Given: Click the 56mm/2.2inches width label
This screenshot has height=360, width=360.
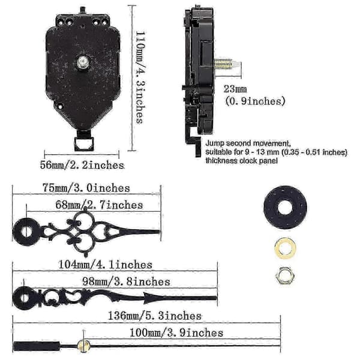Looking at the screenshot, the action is tap(82, 165).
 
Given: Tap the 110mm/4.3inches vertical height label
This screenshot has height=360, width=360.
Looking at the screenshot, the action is tap(140, 77).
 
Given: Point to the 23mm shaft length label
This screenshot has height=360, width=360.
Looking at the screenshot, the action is tap(235, 89).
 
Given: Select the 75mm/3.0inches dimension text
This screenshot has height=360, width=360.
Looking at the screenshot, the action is tap(86, 188).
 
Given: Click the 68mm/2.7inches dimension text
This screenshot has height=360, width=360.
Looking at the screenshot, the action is tap(99, 205).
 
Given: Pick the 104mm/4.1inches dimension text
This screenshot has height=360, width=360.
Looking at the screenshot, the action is tap(106, 265).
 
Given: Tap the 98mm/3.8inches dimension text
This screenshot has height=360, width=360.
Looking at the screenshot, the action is tap(126, 281).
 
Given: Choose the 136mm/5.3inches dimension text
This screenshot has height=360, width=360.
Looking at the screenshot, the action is tap(155, 316).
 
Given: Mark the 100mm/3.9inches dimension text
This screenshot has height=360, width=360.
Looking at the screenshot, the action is tap(176, 332).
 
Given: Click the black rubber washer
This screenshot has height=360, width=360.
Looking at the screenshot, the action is tap(286, 208).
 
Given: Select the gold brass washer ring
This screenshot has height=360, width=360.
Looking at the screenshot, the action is tap(285, 248).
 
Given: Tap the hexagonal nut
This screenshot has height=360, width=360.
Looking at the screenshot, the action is tap(285, 275).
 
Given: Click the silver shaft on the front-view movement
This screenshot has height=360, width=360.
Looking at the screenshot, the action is tap(83, 62).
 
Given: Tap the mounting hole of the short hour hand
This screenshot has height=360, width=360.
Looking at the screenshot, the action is tap(27, 232).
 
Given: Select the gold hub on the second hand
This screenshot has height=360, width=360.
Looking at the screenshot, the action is tap(83, 346).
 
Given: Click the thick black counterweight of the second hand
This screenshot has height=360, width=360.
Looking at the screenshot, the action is tap(37, 346).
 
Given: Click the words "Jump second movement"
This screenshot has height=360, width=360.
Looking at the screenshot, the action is tap(248, 143).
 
